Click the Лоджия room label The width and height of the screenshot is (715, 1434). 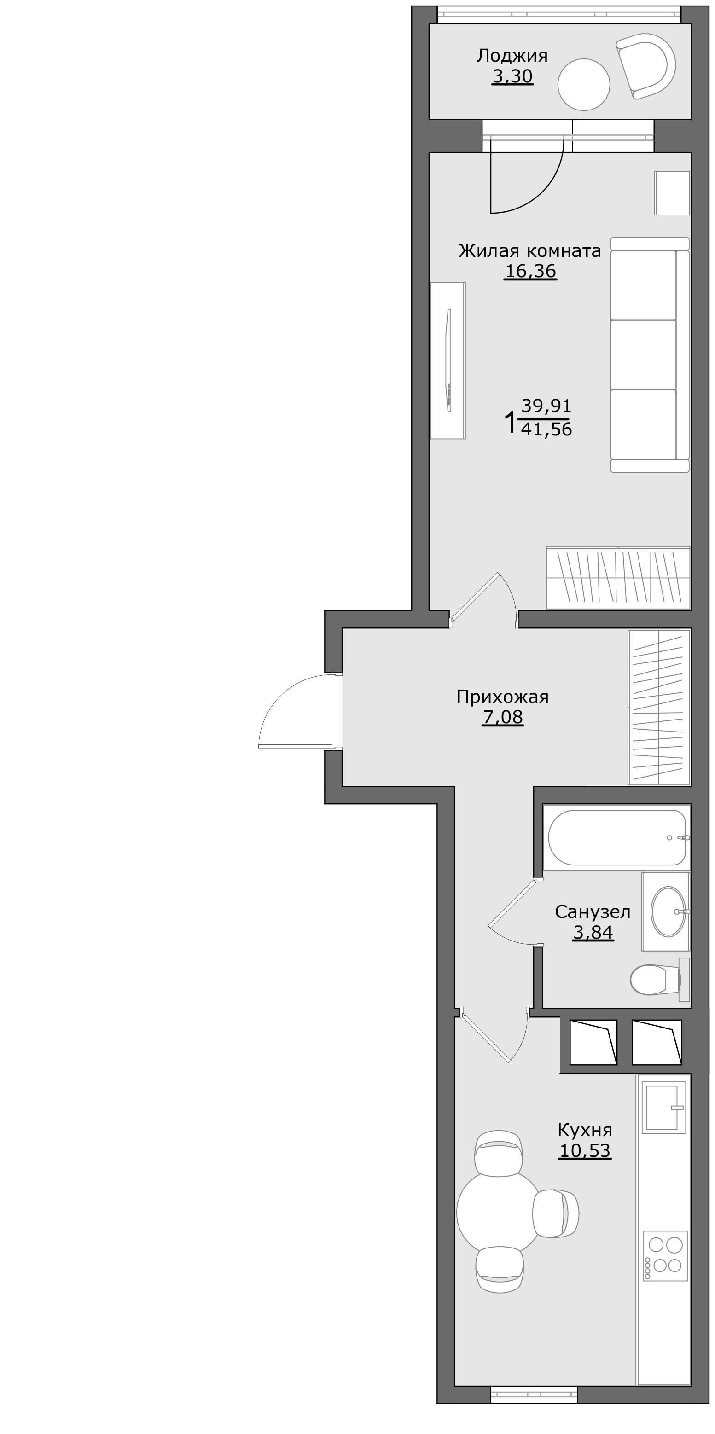(x=512, y=56)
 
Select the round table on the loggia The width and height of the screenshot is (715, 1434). (x=584, y=85)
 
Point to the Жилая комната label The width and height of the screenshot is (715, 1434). (x=530, y=251)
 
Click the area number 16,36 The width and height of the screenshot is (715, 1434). (x=530, y=271)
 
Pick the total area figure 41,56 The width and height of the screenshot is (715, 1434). (x=546, y=429)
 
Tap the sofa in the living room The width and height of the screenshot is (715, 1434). (x=650, y=355)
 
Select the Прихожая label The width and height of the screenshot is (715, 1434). (x=502, y=697)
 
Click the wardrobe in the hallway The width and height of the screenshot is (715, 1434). (x=659, y=707)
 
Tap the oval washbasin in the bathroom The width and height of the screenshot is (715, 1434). (x=669, y=912)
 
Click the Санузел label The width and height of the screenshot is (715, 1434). (x=593, y=912)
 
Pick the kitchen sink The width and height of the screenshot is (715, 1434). (x=664, y=1107)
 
